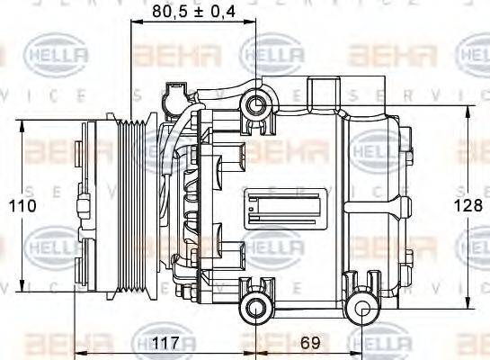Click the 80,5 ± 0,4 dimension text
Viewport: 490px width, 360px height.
tap(193, 13)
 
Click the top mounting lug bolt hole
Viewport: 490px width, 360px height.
tap(255, 107)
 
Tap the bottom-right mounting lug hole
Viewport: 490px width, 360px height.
tap(363, 311)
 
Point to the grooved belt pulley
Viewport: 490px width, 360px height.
tap(138, 206)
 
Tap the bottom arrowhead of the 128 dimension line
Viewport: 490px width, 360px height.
tap(468, 305)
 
